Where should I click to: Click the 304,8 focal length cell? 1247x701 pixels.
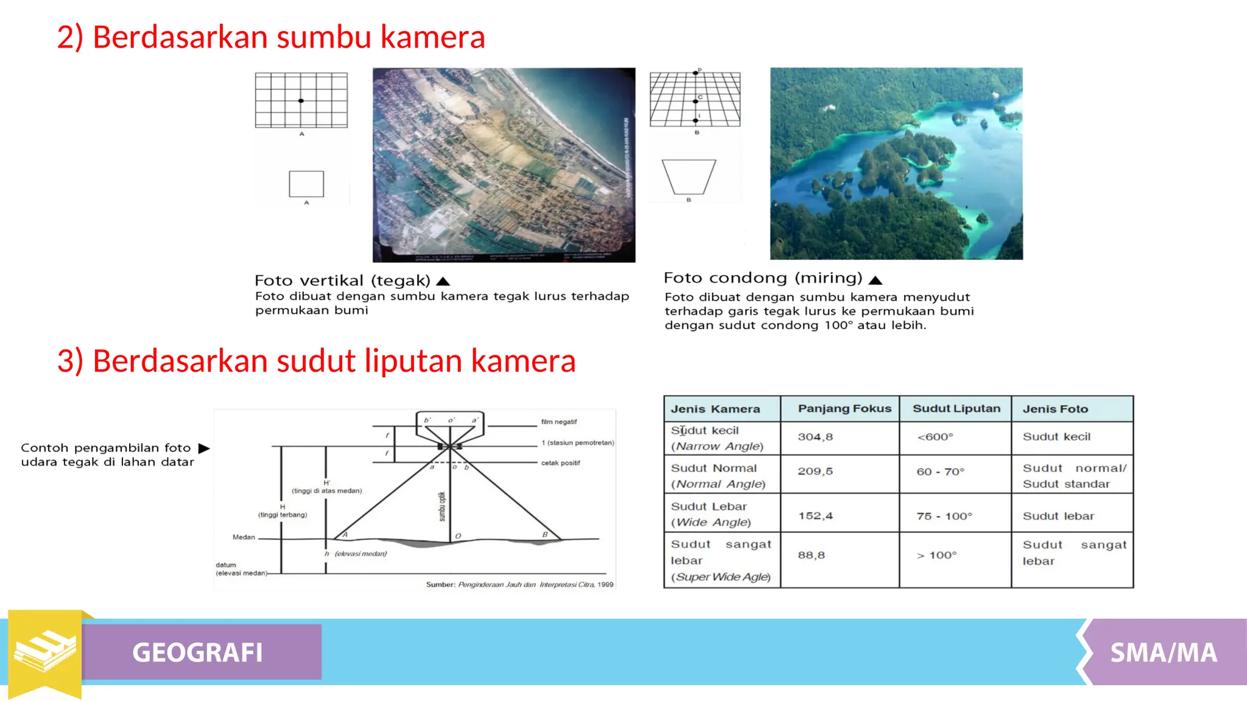(x=815, y=437)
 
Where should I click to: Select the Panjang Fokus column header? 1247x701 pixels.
(x=844, y=409)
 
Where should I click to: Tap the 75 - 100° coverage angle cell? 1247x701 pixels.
(x=944, y=516)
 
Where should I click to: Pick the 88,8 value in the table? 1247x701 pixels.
(x=811, y=555)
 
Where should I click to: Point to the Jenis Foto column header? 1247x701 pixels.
(x=1055, y=409)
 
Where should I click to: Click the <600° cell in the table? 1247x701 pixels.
(x=935, y=437)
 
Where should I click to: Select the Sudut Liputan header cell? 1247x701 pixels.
(x=956, y=409)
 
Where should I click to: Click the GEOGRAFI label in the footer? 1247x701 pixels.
(x=198, y=652)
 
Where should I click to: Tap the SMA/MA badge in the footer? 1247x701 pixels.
(x=1163, y=652)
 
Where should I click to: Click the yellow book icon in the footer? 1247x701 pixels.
(x=45, y=651)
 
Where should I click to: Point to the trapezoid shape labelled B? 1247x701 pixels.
(x=689, y=176)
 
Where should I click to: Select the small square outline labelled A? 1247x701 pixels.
(x=306, y=184)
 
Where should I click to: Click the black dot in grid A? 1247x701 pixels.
(x=301, y=101)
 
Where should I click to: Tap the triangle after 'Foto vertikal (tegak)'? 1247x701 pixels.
(x=443, y=281)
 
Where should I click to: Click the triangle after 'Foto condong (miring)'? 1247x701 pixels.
(x=876, y=280)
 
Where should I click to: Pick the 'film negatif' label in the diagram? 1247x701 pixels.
(x=558, y=422)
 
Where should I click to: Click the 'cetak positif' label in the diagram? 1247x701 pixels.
(x=560, y=463)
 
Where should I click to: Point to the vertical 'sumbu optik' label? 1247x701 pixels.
(x=442, y=506)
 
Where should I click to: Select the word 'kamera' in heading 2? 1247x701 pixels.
(x=432, y=37)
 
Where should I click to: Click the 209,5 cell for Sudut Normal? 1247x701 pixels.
(x=815, y=471)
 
